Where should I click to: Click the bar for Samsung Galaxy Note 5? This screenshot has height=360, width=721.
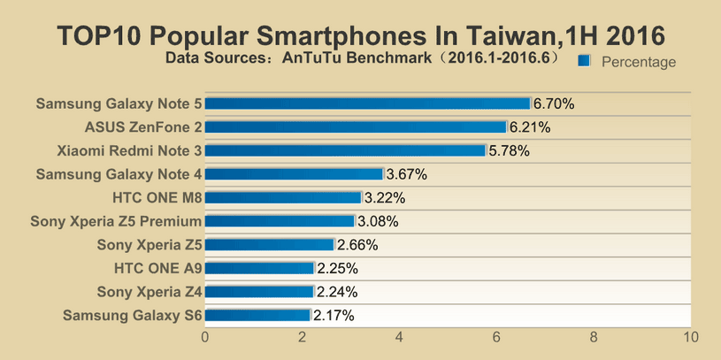(x=367, y=103)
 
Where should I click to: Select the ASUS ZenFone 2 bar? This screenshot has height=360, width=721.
(x=356, y=127)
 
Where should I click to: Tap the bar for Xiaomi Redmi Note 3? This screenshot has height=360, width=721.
(x=345, y=150)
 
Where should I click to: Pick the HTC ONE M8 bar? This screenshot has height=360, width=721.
(x=283, y=197)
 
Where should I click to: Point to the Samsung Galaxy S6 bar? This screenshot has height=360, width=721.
(x=257, y=315)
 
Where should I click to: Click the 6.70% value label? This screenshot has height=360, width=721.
(x=554, y=103)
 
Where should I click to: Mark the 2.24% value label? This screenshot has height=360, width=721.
(x=337, y=292)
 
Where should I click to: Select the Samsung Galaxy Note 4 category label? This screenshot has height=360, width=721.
(x=119, y=174)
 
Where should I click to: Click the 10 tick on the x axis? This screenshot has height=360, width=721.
(x=691, y=337)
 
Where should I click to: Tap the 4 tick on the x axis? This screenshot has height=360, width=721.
(x=400, y=337)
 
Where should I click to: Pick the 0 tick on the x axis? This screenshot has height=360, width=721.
(x=205, y=337)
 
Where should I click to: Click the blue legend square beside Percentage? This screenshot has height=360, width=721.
(x=583, y=61)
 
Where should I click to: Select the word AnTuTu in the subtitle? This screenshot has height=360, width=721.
(x=311, y=59)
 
